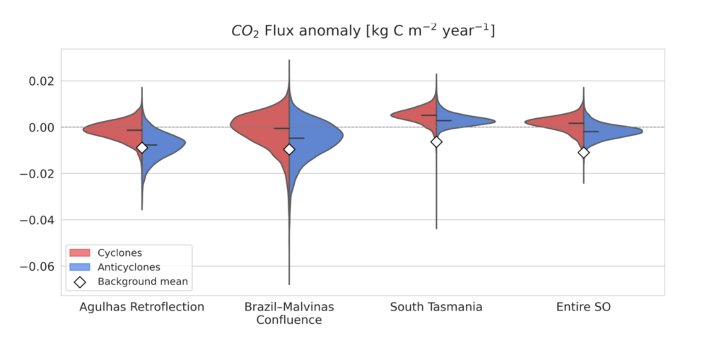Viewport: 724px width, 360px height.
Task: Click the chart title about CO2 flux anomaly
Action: [362, 30]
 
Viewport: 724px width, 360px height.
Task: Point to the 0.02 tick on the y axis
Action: [41, 81]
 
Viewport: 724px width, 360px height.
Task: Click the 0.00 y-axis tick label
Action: [41, 127]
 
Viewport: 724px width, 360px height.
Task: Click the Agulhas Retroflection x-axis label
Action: [141, 307]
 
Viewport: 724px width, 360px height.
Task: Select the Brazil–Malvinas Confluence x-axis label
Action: [288, 313]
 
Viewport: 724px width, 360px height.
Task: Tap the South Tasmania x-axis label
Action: [436, 307]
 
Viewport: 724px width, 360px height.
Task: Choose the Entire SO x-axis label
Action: [583, 307]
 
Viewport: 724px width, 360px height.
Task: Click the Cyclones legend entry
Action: [119, 253]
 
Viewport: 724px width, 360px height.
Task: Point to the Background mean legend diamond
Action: [80, 281]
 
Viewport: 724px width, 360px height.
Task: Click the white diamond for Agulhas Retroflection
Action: [142, 148]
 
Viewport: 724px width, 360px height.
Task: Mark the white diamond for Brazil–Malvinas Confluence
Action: [288, 149]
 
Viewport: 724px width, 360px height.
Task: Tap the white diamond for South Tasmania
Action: [436, 141]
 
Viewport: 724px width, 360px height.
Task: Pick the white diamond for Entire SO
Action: [583, 152]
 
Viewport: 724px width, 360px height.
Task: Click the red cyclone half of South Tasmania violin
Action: [417, 115]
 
